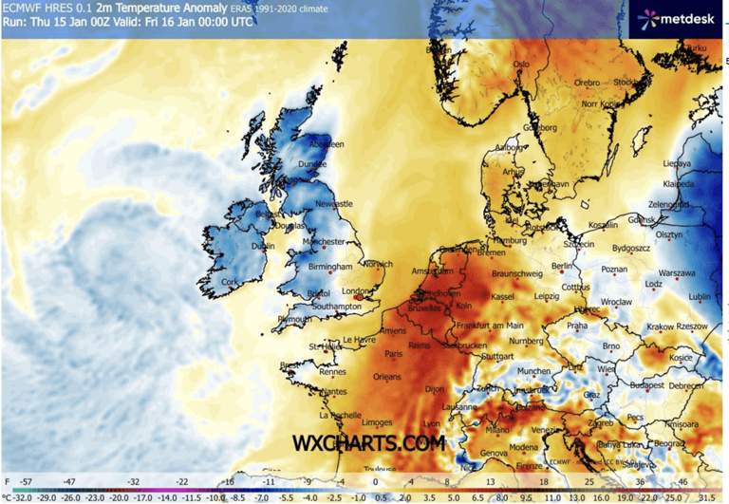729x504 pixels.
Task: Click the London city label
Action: tap(354, 291)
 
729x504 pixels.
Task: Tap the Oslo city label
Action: tap(520, 65)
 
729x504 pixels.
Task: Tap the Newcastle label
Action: tap(334, 203)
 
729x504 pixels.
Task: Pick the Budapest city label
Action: tap(629, 386)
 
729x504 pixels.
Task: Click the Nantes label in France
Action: tap(333, 391)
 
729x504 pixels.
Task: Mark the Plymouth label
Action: tap(294, 320)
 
